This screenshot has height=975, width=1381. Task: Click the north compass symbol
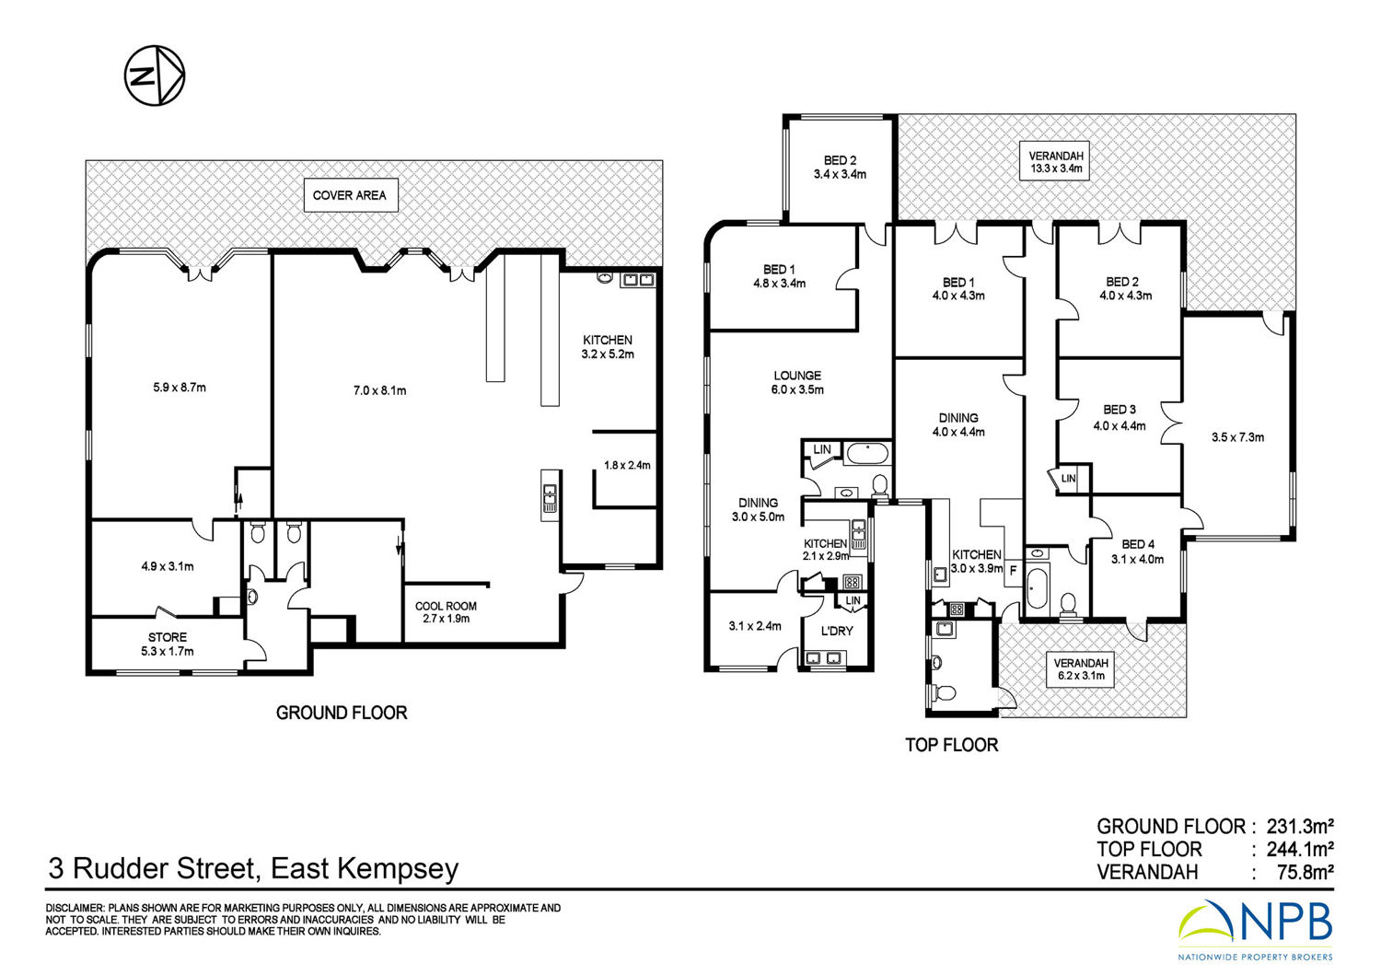pos(155,75)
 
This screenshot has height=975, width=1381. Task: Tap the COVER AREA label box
pos(351,195)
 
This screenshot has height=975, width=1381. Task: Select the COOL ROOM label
pos(446,606)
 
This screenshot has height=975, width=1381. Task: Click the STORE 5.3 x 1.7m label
pos(167,644)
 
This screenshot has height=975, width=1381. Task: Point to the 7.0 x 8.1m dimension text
pos(379,390)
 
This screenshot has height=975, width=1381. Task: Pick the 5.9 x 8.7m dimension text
pos(180,388)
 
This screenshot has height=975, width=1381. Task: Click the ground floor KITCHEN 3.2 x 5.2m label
pos(608,346)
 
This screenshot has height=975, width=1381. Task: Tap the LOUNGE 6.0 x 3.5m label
pos(797,382)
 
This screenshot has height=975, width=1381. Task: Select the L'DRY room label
pos(837,631)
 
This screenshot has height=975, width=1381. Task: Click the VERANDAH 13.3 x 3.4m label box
pos(1054,161)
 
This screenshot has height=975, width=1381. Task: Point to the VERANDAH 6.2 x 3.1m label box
pos(1081,669)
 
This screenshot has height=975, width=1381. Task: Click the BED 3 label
pos(1120,410)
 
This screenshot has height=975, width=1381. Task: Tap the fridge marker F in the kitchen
pos(1013,571)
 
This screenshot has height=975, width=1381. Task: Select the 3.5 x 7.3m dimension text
pos(1237,437)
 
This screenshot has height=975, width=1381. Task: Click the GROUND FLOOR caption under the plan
pos(342,713)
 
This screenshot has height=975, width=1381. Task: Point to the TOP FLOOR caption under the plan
pos(951,745)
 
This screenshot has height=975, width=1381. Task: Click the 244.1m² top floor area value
pos(1300,849)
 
